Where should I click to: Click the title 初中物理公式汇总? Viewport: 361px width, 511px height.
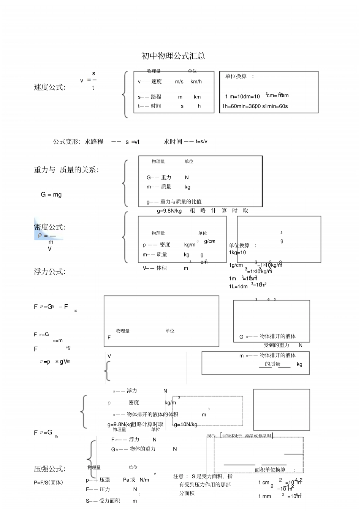pos(173,56)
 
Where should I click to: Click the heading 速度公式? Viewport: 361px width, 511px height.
pos(49,87)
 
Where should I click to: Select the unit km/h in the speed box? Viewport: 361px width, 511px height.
pos(196,82)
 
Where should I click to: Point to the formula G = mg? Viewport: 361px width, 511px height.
pos(51,195)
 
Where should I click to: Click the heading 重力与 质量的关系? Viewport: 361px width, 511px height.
pos(66,170)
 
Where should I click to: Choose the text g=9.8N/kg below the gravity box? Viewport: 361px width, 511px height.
pos(169,211)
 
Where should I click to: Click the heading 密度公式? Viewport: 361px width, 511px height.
pos(49,227)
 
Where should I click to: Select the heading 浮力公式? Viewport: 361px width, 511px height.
pos(49,272)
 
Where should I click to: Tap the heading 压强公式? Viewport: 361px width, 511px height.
pos(49,469)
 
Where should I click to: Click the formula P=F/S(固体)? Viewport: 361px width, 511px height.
pos(48,483)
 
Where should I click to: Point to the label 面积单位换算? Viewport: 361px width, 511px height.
pos(270,470)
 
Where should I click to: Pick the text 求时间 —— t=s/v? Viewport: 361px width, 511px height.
pos(185,142)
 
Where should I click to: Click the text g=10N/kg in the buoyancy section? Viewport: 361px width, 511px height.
pos(185,424)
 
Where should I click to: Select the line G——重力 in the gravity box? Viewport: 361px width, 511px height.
pos(159,177)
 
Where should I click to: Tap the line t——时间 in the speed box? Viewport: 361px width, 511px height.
pos(149,106)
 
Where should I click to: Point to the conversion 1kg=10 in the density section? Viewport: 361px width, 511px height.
pos(237,253)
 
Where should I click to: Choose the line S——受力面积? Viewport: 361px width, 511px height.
pos(103,501)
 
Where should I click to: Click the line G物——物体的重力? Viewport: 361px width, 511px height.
pos(133,449)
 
